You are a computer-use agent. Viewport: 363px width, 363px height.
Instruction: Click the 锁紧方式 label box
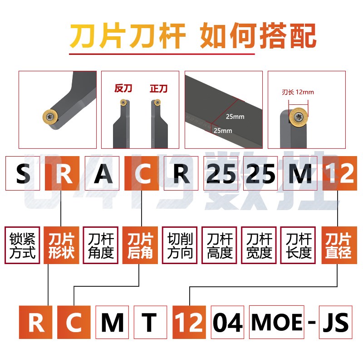(x=22, y=245)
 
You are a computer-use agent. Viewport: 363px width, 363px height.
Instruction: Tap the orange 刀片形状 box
(x=61, y=245)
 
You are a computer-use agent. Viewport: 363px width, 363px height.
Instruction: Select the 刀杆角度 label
(x=101, y=245)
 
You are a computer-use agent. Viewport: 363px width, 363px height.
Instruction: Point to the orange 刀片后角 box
(x=140, y=245)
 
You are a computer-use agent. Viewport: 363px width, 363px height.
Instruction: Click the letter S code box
(x=22, y=174)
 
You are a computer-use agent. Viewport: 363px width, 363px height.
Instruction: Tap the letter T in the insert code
(x=150, y=323)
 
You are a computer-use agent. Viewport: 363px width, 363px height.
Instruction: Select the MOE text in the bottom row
(x=277, y=323)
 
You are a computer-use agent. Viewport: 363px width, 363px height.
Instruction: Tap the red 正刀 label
(x=158, y=89)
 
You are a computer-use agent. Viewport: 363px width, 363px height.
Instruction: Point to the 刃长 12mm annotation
(x=298, y=92)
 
